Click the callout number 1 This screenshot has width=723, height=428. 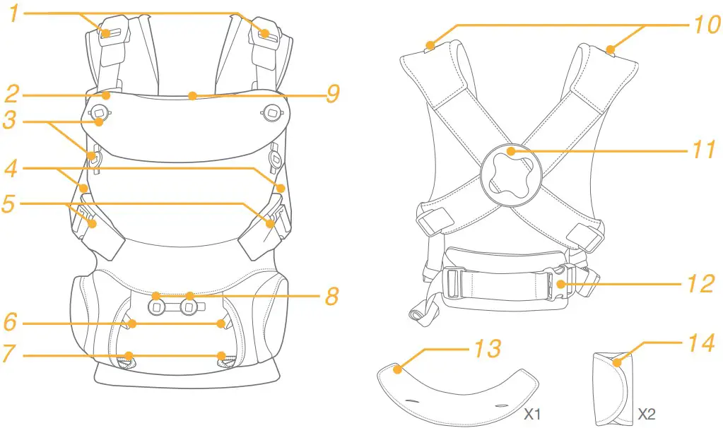[x=12, y=13]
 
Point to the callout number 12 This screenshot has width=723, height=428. [x=703, y=285]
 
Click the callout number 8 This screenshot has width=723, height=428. [x=333, y=295]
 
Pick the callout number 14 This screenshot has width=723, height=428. [x=703, y=345]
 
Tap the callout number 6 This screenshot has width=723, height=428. [x=11, y=322]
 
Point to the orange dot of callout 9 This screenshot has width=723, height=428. [x=192, y=94]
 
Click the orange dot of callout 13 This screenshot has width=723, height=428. [x=397, y=368]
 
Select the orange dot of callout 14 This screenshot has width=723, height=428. [x=617, y=363]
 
